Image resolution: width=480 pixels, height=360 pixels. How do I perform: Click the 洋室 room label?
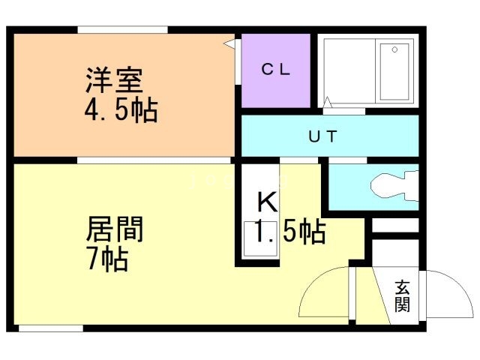[114, 79]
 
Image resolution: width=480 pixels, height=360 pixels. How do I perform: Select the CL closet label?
[275, 70]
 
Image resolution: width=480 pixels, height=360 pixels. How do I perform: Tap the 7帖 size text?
[107, 259]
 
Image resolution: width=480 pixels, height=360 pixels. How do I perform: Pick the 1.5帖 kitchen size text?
[288, 232]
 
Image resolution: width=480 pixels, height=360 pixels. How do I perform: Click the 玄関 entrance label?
[403, 295]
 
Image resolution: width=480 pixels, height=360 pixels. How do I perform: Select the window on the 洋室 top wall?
[121, 30]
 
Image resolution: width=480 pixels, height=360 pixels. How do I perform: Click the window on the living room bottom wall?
[50, 328]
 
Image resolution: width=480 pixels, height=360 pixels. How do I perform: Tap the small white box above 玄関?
[394, 226]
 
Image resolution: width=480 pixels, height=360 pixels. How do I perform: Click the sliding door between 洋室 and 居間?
[154, 160]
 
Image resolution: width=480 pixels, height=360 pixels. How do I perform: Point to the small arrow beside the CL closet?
[227, 44]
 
